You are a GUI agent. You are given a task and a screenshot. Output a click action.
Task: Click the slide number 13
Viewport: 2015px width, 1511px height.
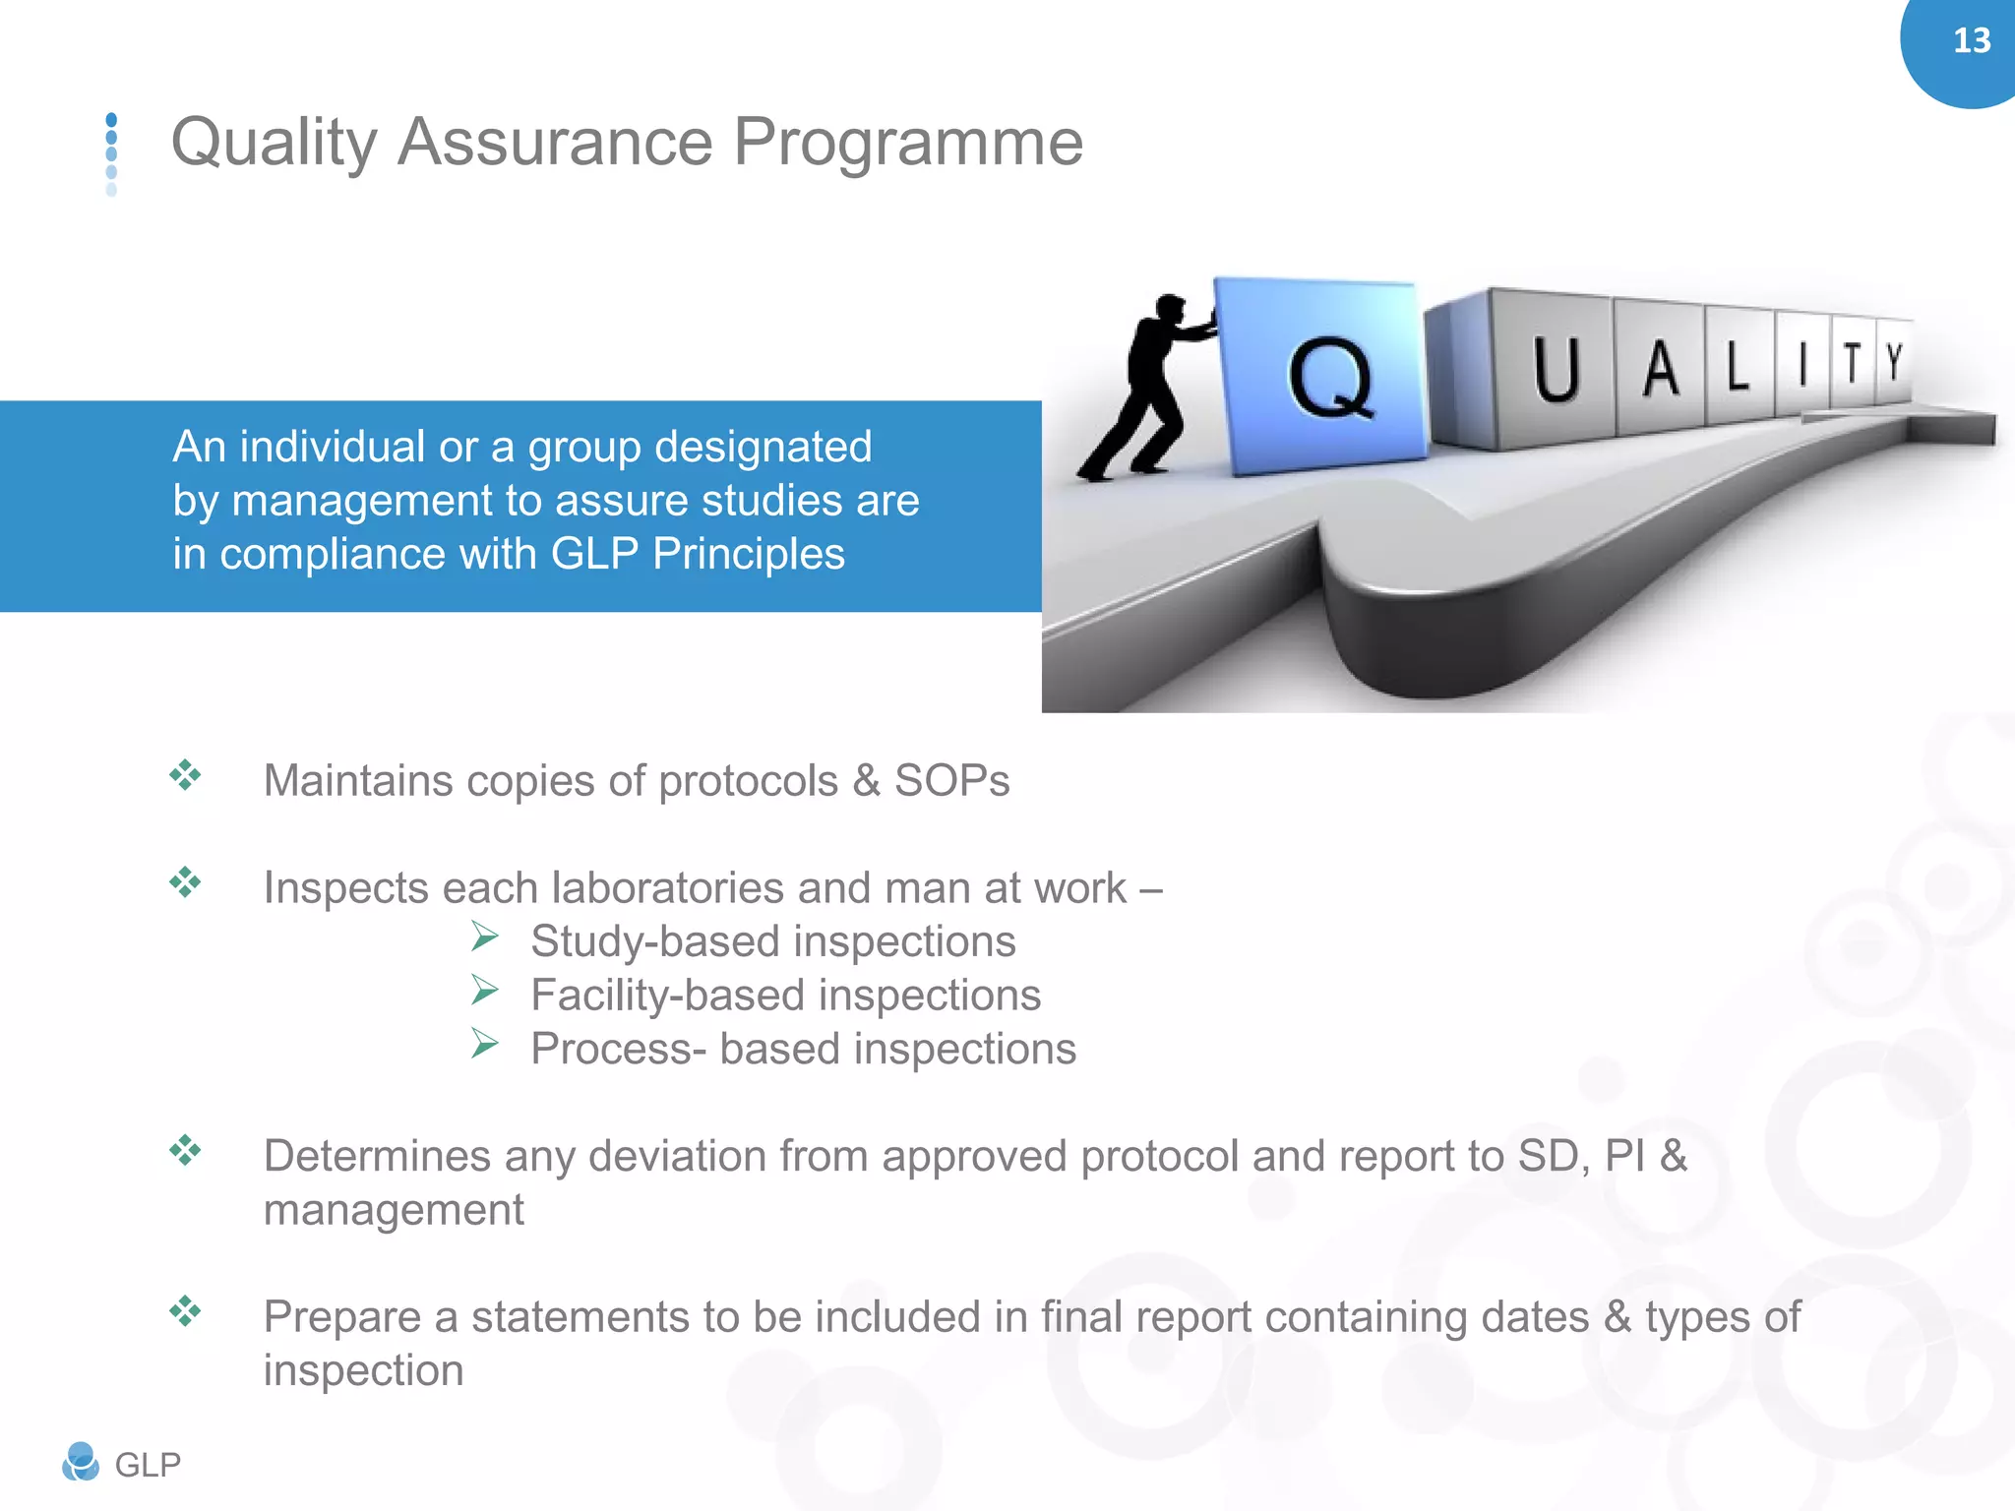click(1971, 41)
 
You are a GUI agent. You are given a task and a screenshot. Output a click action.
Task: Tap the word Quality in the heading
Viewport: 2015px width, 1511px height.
click(274, 144)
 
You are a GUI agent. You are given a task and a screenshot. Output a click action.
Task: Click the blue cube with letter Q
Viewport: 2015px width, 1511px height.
click(1323, 377)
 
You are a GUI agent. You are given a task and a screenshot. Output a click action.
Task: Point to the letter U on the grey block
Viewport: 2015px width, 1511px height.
click(1556, 371)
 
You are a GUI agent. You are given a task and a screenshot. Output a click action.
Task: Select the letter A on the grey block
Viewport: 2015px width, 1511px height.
click(1661, 370)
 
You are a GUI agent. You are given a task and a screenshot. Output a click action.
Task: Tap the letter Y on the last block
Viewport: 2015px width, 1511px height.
click(1894, 362)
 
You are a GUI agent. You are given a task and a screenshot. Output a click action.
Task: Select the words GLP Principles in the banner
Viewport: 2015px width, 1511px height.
click(697, 554)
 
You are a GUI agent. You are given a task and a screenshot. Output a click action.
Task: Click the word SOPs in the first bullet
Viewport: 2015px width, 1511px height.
click(950, 781)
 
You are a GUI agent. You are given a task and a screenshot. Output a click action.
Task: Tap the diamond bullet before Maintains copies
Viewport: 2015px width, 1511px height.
click(185, 775)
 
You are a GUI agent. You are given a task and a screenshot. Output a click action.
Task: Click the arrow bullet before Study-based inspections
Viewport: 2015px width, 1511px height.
click(484, 936)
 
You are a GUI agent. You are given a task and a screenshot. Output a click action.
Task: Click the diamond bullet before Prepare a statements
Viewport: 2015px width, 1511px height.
click(185, 1310)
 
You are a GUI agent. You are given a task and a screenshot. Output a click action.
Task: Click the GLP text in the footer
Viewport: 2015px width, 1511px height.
click(148, 1465)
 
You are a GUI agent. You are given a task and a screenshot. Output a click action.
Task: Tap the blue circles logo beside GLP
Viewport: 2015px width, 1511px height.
click(81, 1462)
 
